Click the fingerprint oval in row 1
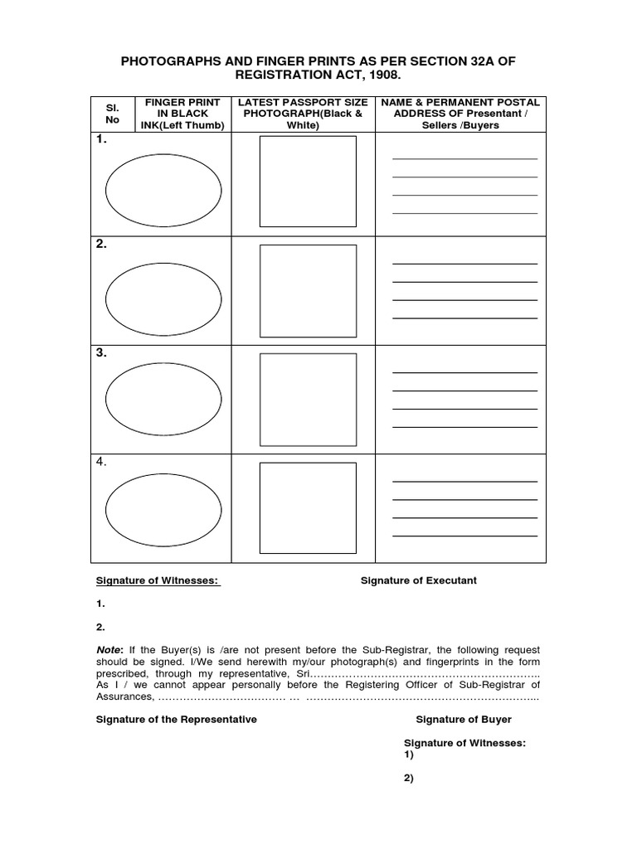click(163, 190)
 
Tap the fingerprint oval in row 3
click(163, 400)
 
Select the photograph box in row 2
click(308, 291)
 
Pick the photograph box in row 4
click(308, 508)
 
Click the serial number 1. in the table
click(101, 140)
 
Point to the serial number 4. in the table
click(101, 462)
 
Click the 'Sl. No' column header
click(113, 114)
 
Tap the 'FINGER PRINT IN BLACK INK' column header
click(182, 114)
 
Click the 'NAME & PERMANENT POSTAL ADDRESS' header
click(460, 114)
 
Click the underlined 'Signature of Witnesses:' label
click(158, 580)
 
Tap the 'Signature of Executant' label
click(418, 580)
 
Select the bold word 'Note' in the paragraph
click(108, 650)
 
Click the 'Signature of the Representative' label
click(177, 719)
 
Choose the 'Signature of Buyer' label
click(464, 719)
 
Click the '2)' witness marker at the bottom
click(409, 778)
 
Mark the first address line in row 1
click(464, 158)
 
